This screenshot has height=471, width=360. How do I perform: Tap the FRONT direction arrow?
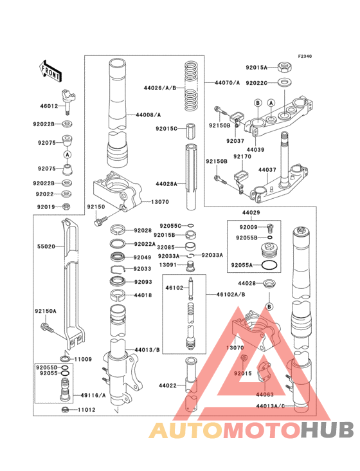51,72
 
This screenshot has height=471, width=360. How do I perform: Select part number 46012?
50,107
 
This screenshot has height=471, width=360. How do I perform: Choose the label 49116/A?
91,394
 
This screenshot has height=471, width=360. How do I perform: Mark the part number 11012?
87,410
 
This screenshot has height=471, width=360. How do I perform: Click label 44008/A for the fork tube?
148,115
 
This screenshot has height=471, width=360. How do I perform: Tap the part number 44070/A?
227,83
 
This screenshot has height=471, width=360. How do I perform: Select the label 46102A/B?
220,294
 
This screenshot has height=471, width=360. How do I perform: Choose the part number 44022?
168,385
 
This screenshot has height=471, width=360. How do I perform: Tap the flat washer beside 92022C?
284,82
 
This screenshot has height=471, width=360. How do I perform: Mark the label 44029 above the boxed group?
251,212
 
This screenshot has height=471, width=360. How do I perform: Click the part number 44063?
265,393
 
